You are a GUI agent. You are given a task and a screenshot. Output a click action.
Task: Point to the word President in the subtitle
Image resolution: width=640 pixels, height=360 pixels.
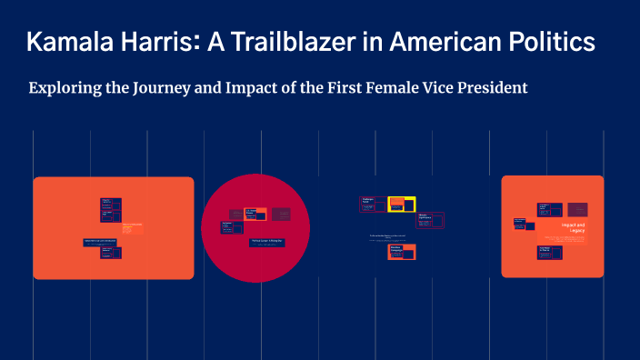(x=492, y=89)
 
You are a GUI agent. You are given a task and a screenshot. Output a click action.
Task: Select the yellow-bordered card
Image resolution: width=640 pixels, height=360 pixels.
(x=401, y=205)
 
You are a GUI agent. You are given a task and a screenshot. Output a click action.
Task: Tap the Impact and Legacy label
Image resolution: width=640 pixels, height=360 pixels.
(x=574, y=227)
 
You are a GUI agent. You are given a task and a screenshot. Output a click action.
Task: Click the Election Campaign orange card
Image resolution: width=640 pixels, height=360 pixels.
(x=401, y=252)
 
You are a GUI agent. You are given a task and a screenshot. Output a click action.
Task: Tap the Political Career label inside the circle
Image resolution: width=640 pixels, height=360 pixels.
(x=266, y=242)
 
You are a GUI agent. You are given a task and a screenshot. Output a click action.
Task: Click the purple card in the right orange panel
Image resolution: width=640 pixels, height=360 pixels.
(x=577, y=209)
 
